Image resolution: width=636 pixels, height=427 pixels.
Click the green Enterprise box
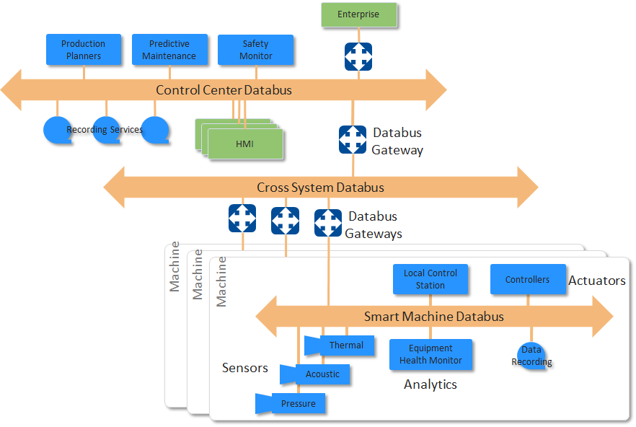point(358,14)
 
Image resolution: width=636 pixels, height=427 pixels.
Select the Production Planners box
point(83,50)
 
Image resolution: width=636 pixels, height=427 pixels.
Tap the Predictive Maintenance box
point(169,50)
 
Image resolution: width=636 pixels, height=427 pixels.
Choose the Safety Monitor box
point(256,50)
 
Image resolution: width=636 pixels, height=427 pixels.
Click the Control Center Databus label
point(224,90)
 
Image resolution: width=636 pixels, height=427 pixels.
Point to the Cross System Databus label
point(320,188)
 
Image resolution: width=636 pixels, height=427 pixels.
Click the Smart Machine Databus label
point(433,317)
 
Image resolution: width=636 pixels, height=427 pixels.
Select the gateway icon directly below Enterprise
point(358,56)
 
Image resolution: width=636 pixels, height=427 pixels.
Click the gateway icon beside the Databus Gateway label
point(353,140)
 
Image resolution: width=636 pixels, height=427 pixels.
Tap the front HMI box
point(245,144)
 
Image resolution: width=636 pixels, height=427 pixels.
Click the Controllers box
point(527,280)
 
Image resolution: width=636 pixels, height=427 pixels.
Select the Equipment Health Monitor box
point(430,355)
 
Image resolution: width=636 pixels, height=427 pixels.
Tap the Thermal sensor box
point(345,345)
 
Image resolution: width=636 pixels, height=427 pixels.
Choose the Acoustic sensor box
point(322,374)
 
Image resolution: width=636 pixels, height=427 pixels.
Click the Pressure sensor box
point(298,404)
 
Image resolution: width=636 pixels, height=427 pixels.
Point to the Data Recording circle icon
point(531,356)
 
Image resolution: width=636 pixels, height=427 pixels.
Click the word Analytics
point(430,384)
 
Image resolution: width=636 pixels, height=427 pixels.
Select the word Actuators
point(596,281)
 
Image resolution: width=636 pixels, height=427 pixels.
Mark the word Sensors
point(244,368)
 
